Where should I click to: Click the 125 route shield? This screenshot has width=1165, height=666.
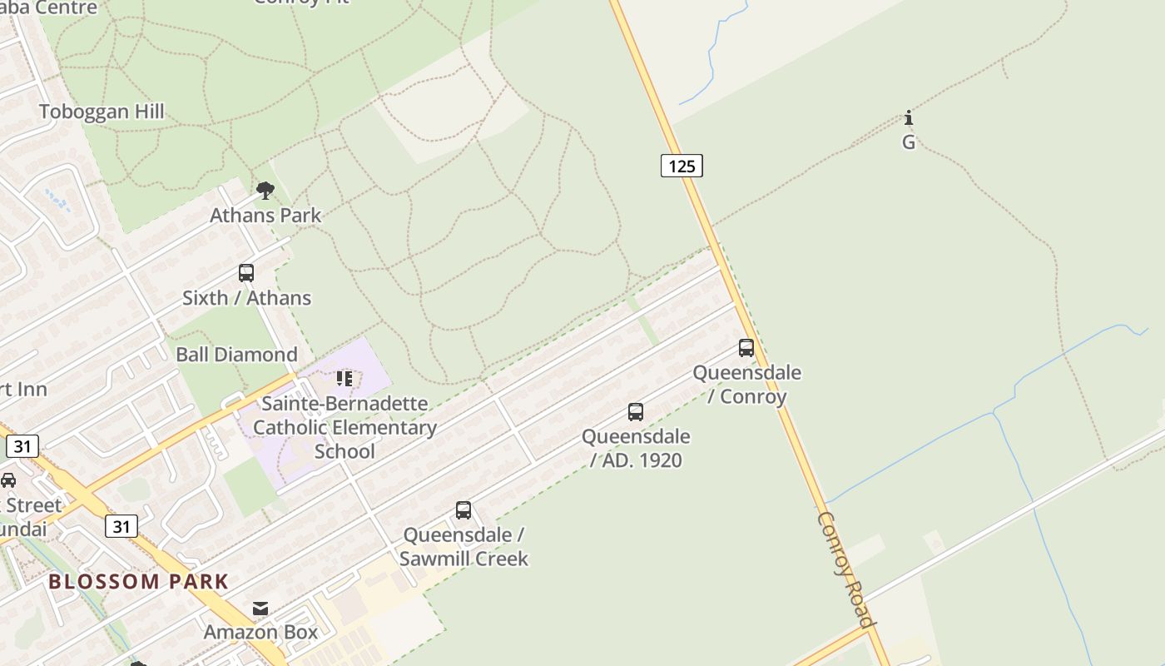click(x=682, y=166)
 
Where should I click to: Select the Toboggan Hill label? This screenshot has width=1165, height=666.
click(x=102, y=112)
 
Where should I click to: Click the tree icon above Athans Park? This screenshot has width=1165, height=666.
click(x=265, y=191)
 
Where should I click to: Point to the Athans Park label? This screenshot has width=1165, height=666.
click(x=265, y=215)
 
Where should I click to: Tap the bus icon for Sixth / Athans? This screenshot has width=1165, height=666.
click(x=246, y=273)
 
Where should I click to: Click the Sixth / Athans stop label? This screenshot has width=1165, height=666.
click(x=246, y=297)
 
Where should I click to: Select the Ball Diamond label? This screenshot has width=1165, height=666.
click(x=236, y=355)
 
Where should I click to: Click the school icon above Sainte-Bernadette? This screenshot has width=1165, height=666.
click(x=345, y=379)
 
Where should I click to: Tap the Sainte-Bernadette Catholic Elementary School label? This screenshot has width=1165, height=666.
click(x=345, y=427)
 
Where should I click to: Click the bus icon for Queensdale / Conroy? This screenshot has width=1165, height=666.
click(x=746, y=348)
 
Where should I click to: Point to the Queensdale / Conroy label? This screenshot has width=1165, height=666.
click(x=747, y=384)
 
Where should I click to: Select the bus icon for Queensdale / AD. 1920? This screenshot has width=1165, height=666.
click(x=636, y=412)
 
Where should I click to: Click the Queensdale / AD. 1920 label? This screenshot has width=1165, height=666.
click(x=636, y=448)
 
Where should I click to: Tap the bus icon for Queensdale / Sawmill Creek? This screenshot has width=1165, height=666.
click(x=464, y=510)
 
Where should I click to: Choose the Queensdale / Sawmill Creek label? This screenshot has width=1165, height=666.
click(x=464, y=546)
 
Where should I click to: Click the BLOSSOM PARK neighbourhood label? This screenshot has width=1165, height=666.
click(x=138, y=581)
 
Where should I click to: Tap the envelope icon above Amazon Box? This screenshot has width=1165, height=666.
click(x=261, y=609)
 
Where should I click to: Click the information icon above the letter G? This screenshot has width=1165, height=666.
click(x=909, y=117)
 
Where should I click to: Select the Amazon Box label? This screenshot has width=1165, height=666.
click(x=261, y=632)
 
